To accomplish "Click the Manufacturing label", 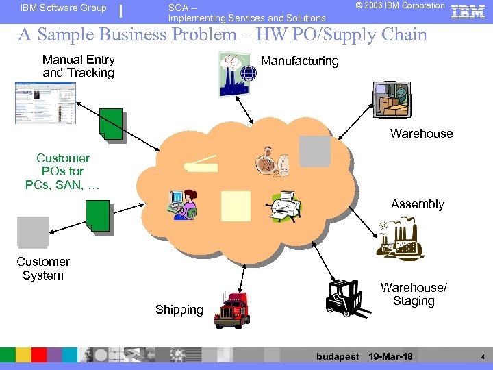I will point(299,61).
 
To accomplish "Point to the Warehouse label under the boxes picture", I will point(421,134).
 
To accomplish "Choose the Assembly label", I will point(417,204).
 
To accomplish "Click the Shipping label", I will point(179,310).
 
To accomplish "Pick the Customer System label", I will point(43,269).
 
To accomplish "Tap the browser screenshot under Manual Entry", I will point(45,103).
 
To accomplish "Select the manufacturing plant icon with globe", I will point(237,74).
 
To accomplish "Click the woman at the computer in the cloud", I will point(184,204).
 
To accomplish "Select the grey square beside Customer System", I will point(33,232).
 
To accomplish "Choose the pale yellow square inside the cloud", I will point(236,205).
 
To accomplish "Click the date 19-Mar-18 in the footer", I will point(390,356).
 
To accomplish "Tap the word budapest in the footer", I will point(338,356).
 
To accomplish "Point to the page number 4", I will point(482,356).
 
